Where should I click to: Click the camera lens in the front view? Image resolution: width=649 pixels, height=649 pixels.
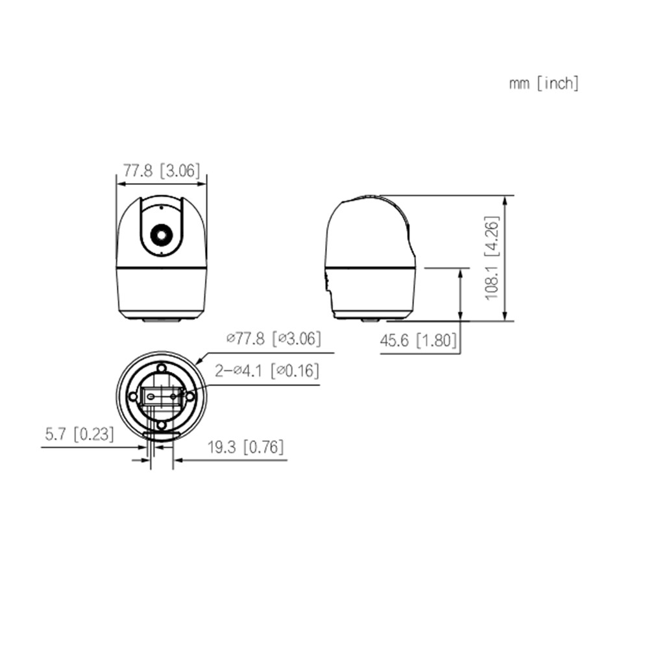[160, 234]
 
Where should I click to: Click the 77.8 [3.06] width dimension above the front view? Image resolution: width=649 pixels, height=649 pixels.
[162, 171]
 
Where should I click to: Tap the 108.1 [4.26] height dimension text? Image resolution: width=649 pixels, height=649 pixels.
[493, 258]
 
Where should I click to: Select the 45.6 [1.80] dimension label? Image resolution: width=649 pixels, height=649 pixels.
[418, 341]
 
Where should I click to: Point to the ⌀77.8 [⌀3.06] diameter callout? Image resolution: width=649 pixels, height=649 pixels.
[273, 338]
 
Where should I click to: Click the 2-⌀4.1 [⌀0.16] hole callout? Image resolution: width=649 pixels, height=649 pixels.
[267, 371]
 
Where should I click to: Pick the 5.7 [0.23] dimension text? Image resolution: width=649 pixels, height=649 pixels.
[79, 434]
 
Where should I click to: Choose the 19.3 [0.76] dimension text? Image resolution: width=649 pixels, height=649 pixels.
[246, 447]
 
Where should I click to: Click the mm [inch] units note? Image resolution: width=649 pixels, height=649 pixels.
[544, 83]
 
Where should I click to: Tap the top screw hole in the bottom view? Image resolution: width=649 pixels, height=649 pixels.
[162, 368]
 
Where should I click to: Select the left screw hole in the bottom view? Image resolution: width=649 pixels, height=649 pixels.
[133, 396]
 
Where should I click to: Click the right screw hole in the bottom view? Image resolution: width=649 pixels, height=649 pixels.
[190, 396]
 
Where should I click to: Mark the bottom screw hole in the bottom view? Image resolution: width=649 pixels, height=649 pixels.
[162, 424]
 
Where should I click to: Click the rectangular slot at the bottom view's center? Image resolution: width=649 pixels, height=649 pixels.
[162, 395]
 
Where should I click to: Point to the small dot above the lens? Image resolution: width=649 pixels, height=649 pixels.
[160, 209]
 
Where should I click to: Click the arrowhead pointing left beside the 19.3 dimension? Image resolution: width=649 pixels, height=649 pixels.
[177, 460]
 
